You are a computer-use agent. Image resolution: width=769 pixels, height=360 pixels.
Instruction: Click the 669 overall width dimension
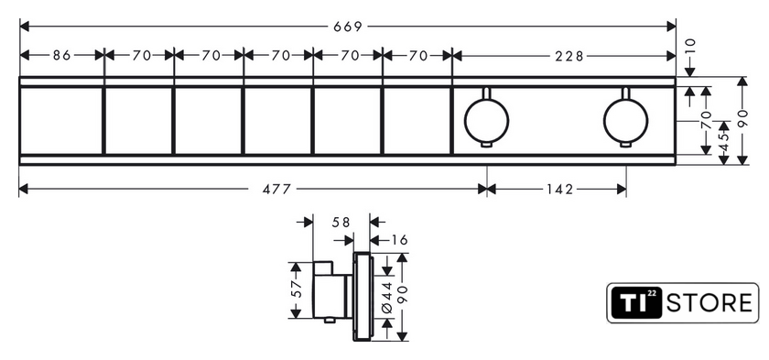pyautogui.click(x=347, y=27)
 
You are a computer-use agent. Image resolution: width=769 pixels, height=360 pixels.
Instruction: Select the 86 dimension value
pyautogui.click(x=62, y=56)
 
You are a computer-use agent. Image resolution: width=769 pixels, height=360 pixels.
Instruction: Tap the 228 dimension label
pyautogui.click(x=569, y=57)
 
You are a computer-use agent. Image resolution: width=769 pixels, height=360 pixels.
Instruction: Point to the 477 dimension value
pyautogui.click(x=276, y=190)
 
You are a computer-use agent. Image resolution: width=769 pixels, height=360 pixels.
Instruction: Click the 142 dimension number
pyautogui.click(x=558, y=190)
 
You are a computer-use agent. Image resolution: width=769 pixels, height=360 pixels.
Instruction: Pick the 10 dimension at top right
pyautogui.click(x=690, y=46)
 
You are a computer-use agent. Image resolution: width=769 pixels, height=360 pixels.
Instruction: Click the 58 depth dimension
pyautogui.click(x=341, y=223)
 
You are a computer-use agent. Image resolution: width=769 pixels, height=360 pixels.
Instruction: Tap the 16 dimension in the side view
pyautogui.click(x=400, y=240)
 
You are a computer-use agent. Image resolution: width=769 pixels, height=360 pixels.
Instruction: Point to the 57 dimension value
pyautogui.click(x=296, y=289)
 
